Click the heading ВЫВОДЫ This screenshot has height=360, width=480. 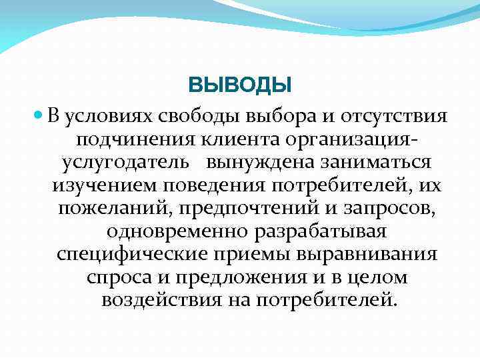pyautogui.click(x=240, y=85)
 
